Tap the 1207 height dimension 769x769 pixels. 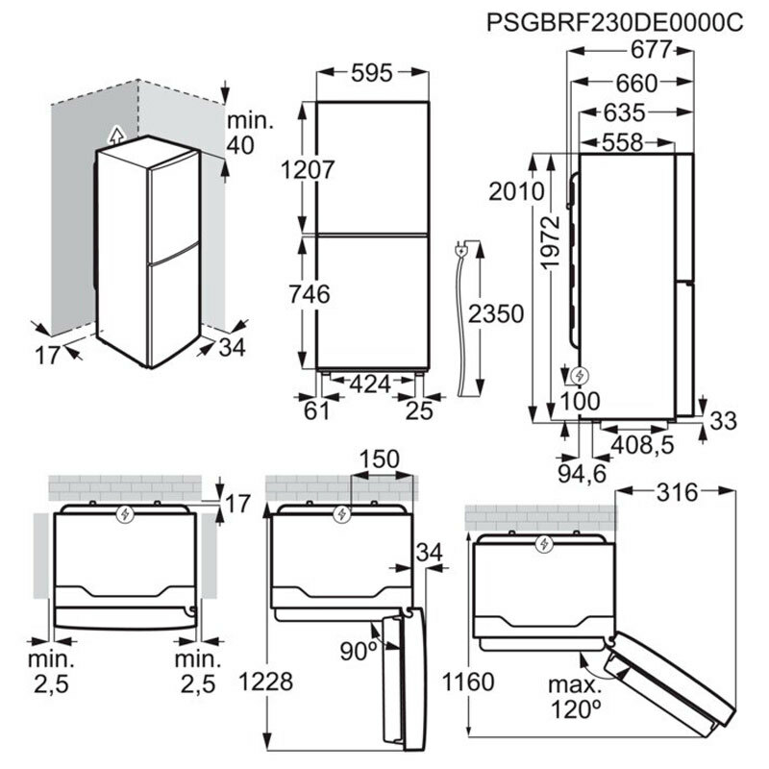(308, 170)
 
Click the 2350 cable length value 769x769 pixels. (497, 314)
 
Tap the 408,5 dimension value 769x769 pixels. (641, 445)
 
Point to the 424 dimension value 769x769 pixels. (370, 384)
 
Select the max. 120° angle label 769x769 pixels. (576, 700)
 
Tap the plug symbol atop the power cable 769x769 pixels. (463, 251)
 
